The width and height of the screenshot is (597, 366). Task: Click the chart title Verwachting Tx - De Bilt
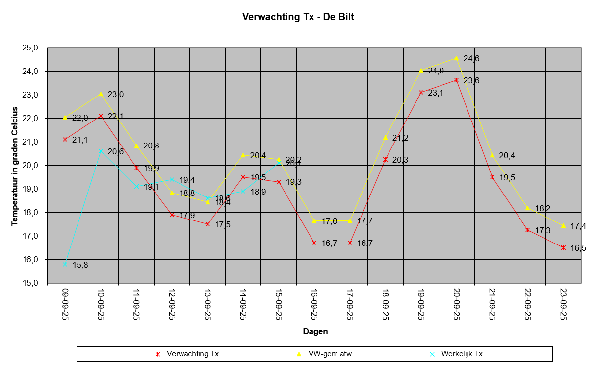(x=298, y=17)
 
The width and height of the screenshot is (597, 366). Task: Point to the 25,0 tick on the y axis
(x=30, y=48)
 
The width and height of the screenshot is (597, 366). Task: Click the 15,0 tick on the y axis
(x=30, y=283)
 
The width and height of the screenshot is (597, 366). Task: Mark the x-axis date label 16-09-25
(x=314, y=304)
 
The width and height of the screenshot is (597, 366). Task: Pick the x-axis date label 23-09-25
(x=564, y=304)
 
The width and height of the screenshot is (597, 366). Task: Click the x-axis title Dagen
(x=315, y=331)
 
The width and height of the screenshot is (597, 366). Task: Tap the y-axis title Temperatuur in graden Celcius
(x=14, y=167)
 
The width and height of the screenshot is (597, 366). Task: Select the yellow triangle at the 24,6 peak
(x=456, y=58)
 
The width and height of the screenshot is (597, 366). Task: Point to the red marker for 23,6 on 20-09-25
(x=456, y=80)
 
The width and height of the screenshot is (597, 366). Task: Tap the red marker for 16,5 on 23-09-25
(x=563, y=247)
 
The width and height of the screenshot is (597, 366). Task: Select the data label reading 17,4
(x=578, y=226)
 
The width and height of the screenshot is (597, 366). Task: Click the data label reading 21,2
(x=400, y=138)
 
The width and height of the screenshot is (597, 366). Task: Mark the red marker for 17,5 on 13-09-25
(x=208, y=224)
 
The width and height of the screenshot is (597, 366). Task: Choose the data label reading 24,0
(x=436, y=71)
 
